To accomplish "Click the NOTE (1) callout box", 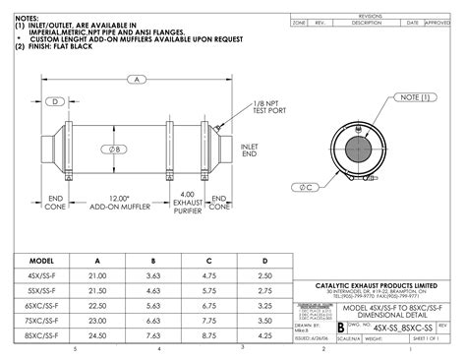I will (x=411, y=97).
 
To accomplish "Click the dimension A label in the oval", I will (x=139, y=80).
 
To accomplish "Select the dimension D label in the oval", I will (x=57, y=101).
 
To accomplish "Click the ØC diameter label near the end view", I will (x=307, y=186).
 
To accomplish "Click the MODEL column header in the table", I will (x=40, y=260).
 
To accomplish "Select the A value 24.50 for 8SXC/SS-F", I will (x=96, y=335).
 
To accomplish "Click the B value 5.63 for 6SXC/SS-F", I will (x=152, y=306).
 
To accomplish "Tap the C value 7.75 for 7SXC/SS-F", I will (x=208, y=321).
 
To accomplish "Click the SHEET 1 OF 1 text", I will (x=430, y=336).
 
